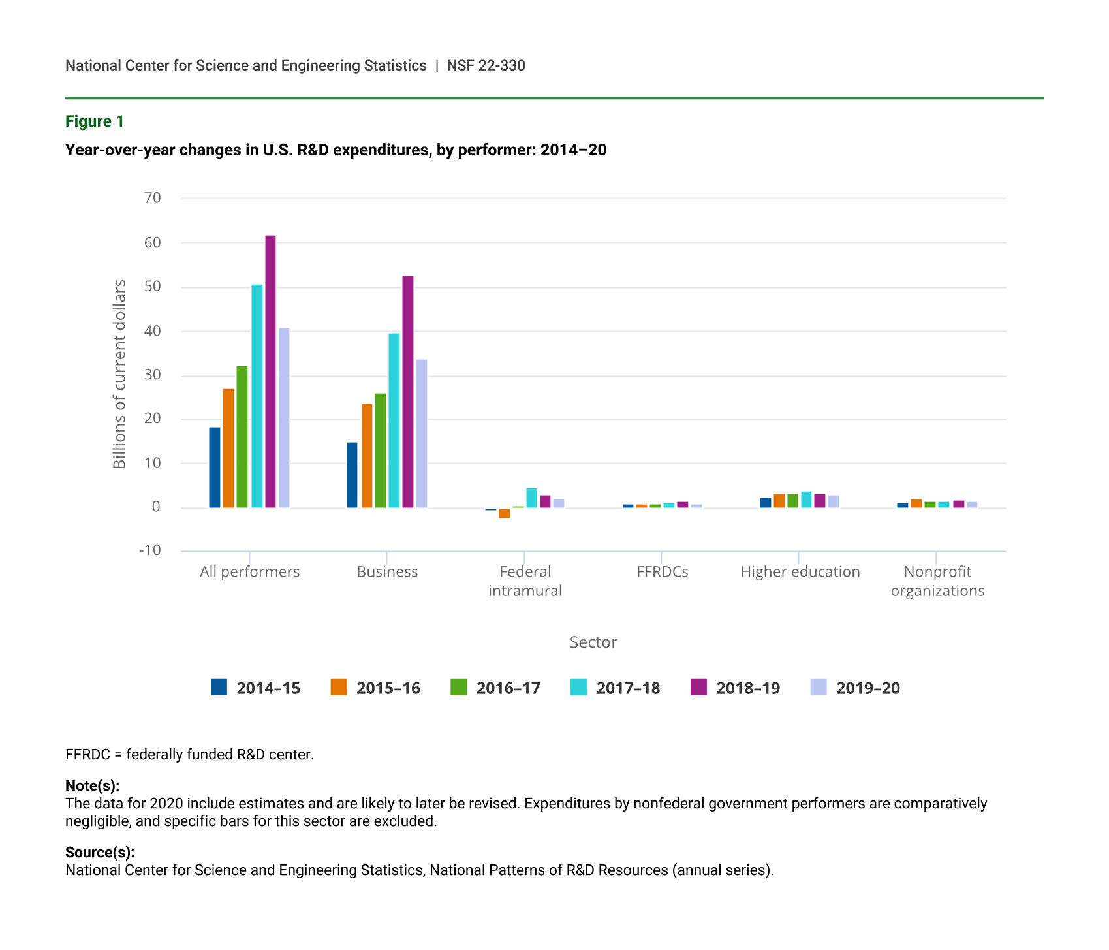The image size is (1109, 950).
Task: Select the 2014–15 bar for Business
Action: click(352, 475)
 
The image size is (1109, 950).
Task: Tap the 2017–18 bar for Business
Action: click(394, 420)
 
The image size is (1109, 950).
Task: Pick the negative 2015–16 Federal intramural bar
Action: click(505, 513)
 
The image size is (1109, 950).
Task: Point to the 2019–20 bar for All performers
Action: click(284, 418)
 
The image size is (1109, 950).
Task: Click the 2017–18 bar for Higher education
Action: click(806, 499)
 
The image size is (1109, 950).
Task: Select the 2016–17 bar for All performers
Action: click(242, 437)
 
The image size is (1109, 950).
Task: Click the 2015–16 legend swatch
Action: click(339, 688)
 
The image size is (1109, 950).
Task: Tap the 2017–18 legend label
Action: click(628, 688)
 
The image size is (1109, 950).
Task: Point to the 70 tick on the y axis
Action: click(153, 198)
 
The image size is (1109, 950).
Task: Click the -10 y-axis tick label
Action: click(150, 550)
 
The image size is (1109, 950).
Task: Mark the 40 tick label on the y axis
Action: click(153, 331)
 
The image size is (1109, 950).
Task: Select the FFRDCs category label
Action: click(663, 572)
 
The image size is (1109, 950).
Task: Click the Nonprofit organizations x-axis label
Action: click(937, 581)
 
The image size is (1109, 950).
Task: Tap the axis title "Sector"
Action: click(593, 642)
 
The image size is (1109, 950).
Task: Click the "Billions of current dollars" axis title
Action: click(119, 374)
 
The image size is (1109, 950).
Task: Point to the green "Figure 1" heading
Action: click(95, 121)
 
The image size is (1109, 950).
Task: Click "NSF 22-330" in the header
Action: click(486, 65)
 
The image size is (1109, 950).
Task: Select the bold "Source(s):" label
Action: click(100, 852)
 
